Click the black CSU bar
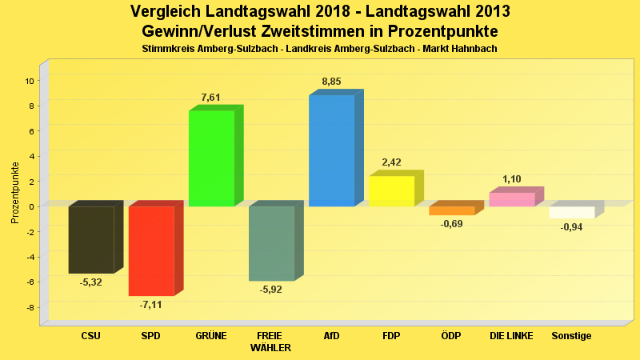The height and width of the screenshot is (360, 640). (x=91, y=239)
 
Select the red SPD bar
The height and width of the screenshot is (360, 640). (x=151, y=250)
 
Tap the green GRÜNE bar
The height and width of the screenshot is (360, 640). (x=211, y=158)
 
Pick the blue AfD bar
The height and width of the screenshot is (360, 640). (x=331, y=150)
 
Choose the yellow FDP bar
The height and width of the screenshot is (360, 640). (x=391, y=190)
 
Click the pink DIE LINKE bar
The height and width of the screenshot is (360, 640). (x=511, y=199)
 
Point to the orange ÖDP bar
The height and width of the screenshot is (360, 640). (x=451, y=210)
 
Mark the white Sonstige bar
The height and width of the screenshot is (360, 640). (x=571, y=212)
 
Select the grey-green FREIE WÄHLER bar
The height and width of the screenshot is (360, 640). (x=271, y=243)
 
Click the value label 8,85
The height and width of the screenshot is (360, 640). (x=332, y=82)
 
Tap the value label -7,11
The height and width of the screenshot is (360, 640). (x=150, y=305)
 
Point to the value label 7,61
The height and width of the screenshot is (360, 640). (x=211, y=98)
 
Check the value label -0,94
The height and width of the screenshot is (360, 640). (x=571, y=227)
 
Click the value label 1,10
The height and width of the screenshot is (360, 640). (x=512, y=179)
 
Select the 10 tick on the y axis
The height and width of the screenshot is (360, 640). (x=29, y=81)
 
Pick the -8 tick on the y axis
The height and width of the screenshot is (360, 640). (x=29, y=307)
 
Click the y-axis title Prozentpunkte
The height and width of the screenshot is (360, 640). (x=15, y=193)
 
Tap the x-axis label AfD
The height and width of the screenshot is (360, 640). (x=331, y=336)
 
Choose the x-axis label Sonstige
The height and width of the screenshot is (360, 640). (x=571, y=336)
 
